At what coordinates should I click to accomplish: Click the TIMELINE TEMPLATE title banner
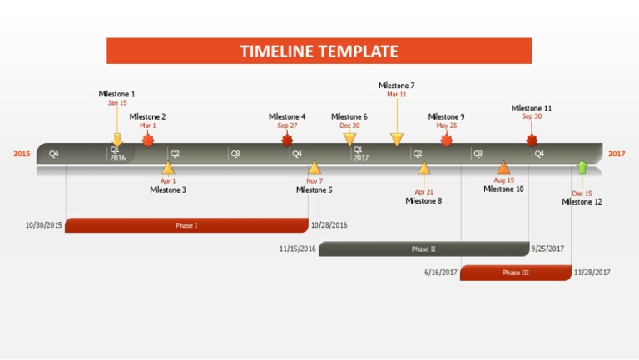click(x=319, y=51)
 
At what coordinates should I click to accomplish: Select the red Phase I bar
click(x=186, y=225)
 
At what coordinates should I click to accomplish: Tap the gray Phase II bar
click(x=424, y=249)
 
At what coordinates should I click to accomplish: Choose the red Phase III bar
click(x=516, y=273)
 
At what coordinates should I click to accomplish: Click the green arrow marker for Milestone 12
click(x=582, y=167)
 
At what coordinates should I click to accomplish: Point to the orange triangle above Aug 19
click(x=503, y=167)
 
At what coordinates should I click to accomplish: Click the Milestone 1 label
click(x=116, y=94)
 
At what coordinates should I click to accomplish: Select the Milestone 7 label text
click(x=396, y=86)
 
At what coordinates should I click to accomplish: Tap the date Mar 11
click(x=396, y=95)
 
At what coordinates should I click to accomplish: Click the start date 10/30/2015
click(x=44, y=225)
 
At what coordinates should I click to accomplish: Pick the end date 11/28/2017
click(x=592, y=273)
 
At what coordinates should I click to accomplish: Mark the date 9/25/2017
click(x=547, y=249)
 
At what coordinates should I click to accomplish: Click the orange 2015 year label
click(x=22, y=154)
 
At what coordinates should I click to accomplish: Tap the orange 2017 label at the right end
click(x=617, y=154)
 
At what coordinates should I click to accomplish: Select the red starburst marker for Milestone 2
click(x=148, y=140)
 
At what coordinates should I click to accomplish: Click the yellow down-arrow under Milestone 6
click(x=349, y=139)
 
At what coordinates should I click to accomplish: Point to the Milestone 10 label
click(x=503, y=189)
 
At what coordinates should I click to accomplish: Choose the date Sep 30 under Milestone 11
click(x=532, y=117)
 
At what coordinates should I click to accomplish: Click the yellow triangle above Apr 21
click(x=424, y=168)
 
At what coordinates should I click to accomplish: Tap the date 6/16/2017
click(x=441, y=273)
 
